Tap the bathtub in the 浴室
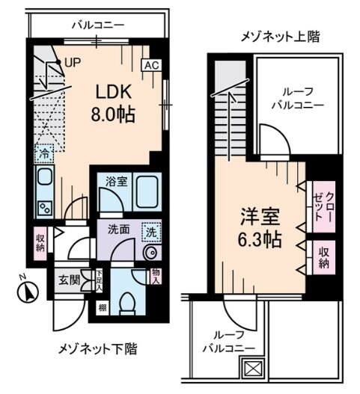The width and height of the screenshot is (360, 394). click(146, 194)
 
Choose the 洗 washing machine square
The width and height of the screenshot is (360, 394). click(150, 232)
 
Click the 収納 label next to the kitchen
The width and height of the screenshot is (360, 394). click(40, 242)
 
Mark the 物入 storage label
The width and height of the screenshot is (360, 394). click(155, 278)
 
